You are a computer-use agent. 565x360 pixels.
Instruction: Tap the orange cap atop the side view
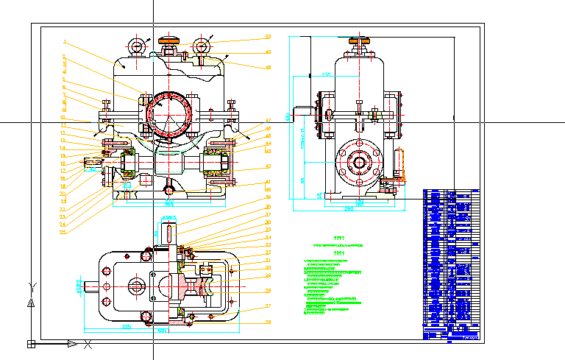pos(358,40)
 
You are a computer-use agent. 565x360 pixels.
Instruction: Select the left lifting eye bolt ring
pos(137,47)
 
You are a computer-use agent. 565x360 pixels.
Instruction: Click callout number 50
pos(268,37)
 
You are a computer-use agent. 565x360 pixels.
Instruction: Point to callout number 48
pos(268,68)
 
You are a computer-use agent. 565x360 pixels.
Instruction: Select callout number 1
pos(65,42)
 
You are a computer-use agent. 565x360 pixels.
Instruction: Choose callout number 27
pos(268,306)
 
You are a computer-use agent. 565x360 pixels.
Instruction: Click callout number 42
pos(268,120)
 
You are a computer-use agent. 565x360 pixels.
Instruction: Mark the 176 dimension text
pos(327,75)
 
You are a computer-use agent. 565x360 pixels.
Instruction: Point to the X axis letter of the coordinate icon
pos(88,344)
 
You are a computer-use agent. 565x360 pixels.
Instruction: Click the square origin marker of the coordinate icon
pos(31,343)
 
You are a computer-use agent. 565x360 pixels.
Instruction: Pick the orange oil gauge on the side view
pos(402,165)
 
